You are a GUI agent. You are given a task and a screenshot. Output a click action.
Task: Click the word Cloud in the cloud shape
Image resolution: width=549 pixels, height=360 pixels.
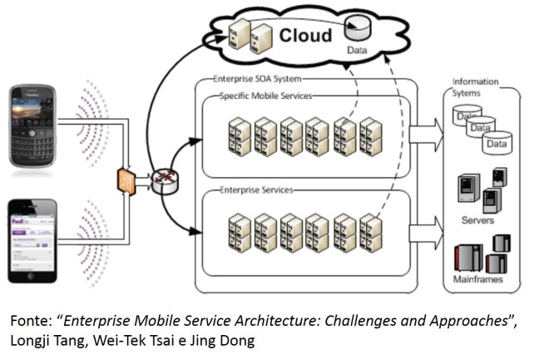click(304, 35)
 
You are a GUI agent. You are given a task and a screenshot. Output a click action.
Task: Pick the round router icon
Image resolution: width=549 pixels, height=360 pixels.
click(162, 180)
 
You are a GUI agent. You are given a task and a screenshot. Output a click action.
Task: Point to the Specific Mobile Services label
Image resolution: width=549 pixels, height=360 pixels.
click(265, 96)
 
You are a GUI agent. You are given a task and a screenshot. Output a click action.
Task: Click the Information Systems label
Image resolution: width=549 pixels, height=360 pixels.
click(475, 86)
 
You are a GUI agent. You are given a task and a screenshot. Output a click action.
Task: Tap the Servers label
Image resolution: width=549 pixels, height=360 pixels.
click(478, 220)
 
